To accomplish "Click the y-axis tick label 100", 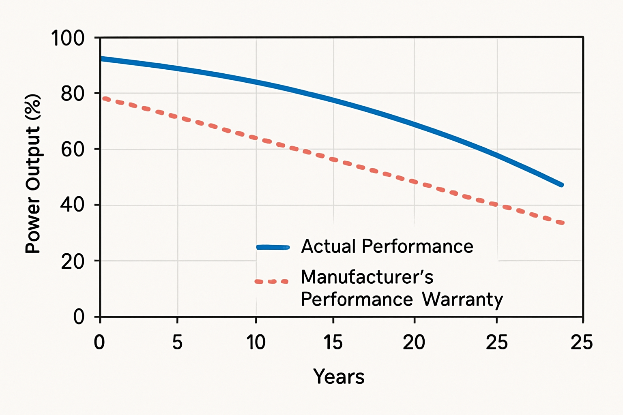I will [68, 39].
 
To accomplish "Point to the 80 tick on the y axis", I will [73, 94].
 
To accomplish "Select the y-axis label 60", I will [73, 150].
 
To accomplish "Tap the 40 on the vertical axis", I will [73, 205].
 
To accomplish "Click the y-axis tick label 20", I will [73, 261].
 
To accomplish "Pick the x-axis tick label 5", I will [177, 342].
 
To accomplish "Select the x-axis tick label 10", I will [256, 342].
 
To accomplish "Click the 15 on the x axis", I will [333, 342].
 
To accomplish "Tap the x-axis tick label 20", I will [414, 342].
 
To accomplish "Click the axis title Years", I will [339, 376].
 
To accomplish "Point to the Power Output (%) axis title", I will [33, 174].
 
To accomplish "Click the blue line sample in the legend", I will [273, 247].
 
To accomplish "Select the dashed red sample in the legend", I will [271, 281].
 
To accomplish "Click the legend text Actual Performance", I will [387, 246].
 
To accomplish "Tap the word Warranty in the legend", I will [462, 300].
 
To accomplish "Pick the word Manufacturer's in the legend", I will [367, 277].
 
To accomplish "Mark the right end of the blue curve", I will [562, 185].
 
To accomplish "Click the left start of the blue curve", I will [102, 59].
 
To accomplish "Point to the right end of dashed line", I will [562, 222].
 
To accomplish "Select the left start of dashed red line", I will [104, 98].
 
